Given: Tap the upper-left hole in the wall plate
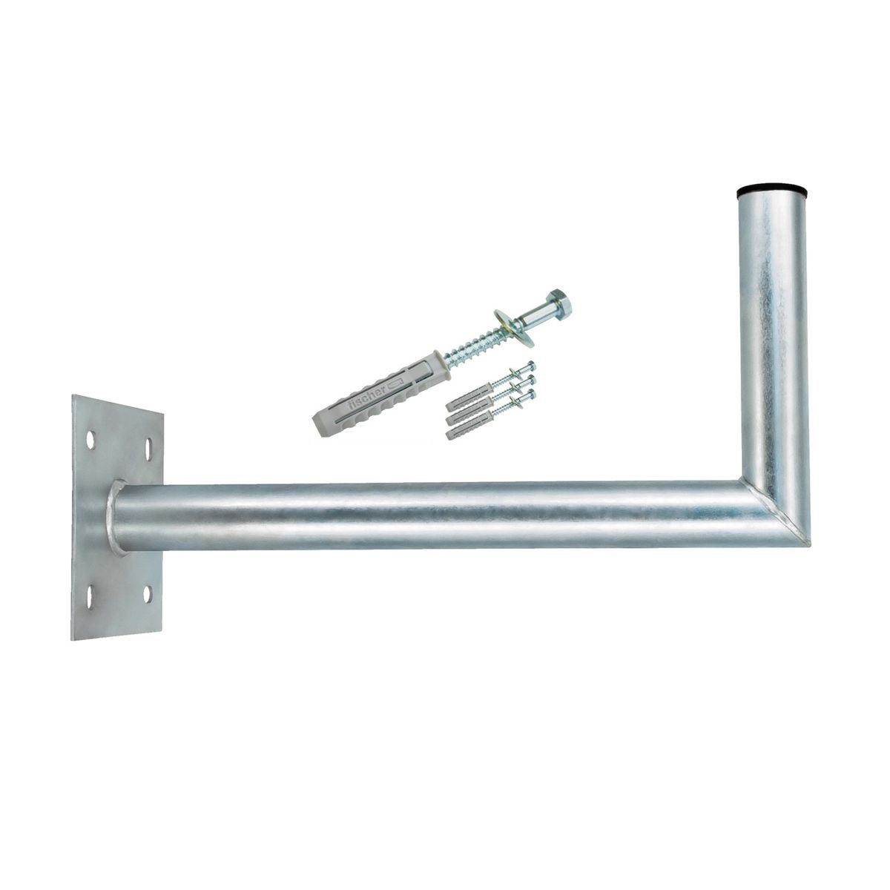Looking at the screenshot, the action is point(90,440).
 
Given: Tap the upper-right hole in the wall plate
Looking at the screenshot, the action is point(150,446).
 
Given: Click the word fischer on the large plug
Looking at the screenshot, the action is point(367,397).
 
